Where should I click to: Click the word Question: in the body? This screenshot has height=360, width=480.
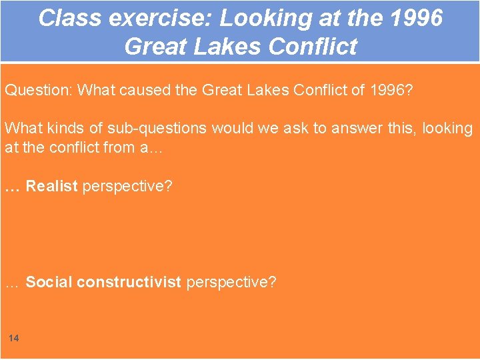pyautogui.click(x=38, y=90)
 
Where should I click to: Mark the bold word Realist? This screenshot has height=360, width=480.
pyautogui.click(x=51, y=186)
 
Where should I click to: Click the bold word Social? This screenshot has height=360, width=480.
pyautogui.click(x=49, y=282)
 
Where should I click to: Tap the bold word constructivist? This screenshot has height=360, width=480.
pyautogui.click(x=129, y=282)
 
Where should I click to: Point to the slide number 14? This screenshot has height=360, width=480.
pyautogui.click(x=14, y=339)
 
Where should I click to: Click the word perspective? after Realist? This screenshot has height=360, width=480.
pyautogui.click(x=127, y=186)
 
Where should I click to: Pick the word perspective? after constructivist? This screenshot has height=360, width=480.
pyautogui.click(x=231, y=282)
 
